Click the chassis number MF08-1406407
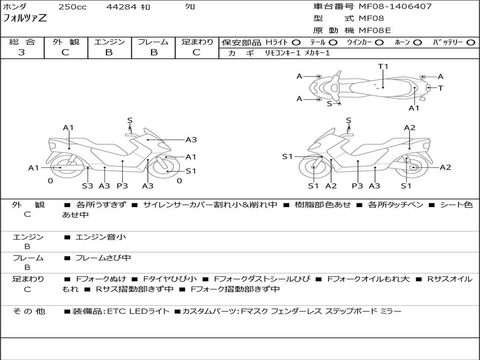pos(395,7)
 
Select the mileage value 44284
pos(121,7)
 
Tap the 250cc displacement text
pos(72,7)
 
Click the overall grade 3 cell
pos(22,52)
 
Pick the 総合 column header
pos(22,42)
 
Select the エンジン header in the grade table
pos(109,42)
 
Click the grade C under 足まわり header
pos(196,52)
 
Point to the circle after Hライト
pos(296,42)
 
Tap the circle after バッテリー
pos(470,42)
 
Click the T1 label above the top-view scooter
pos(383,67)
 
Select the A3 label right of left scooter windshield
pos(191,139)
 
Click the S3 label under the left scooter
pos(88,186)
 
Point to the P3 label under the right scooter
pos(358,186)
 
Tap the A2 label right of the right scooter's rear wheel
pos(445,167)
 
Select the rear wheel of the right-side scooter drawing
pos(413,167)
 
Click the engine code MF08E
pos(375,31)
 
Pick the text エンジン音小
pos(101,237)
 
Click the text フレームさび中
pos(103,258)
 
